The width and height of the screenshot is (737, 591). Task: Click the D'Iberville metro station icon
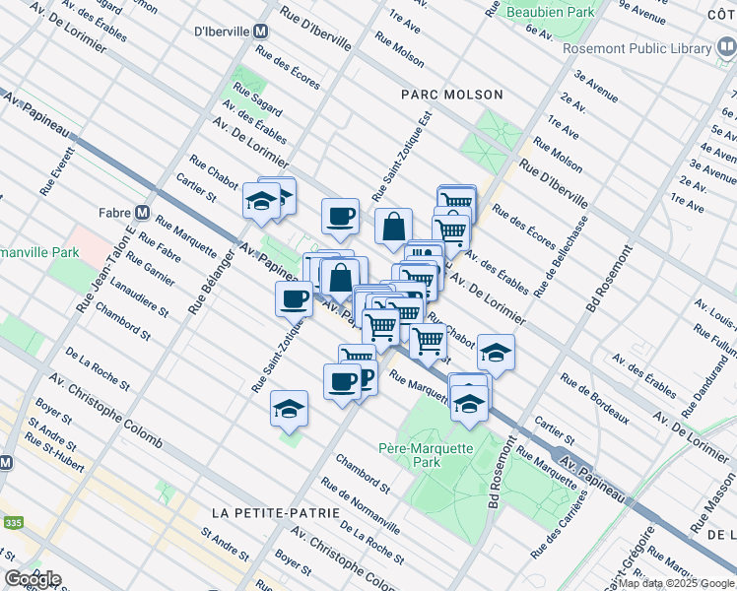261,32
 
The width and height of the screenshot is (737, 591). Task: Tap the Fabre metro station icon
142,212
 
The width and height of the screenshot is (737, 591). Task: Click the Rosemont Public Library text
637,48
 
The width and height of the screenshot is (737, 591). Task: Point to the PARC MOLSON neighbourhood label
452,95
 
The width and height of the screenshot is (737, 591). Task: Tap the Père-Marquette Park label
424,454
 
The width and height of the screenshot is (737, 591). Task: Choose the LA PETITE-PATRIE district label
275,513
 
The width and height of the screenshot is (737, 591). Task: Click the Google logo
32,579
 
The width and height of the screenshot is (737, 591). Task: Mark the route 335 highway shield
13,522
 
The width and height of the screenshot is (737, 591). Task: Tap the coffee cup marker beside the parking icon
342,380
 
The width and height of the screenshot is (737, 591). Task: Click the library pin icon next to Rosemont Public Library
726,46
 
